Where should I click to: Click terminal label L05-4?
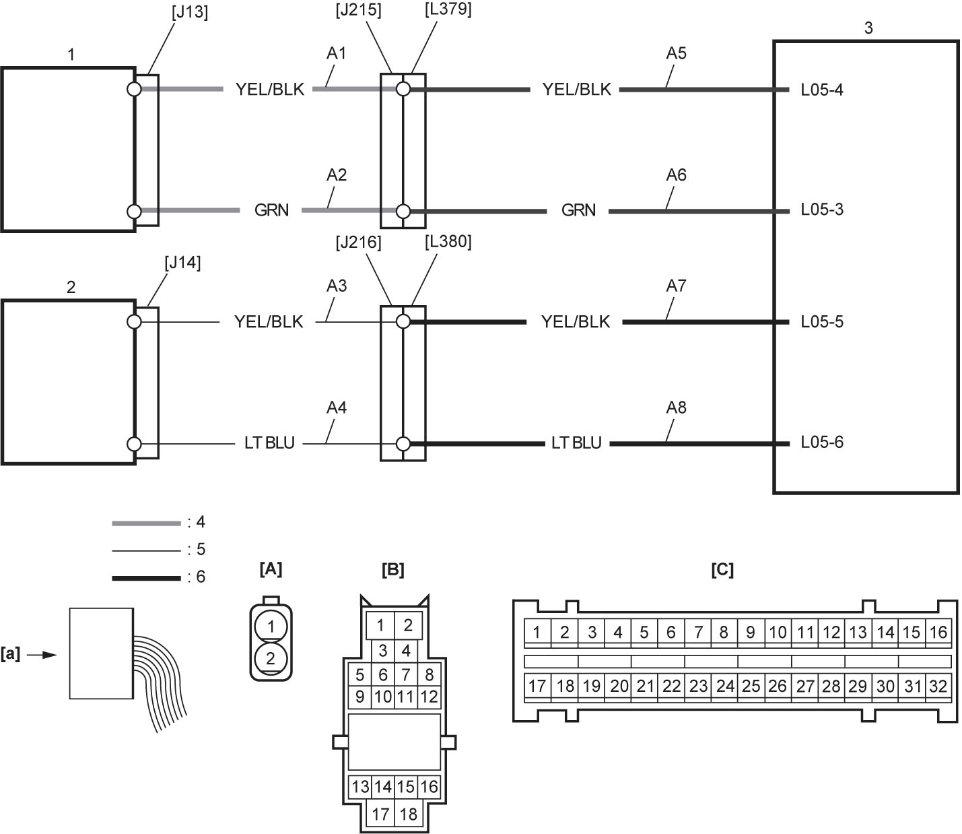822,90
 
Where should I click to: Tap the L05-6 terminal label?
822,442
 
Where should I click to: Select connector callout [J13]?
190,13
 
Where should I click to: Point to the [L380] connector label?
448,241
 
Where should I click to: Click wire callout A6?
677,175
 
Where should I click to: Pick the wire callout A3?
337,286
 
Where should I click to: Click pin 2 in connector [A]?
271,658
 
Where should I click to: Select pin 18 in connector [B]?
408,814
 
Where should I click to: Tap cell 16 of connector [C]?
938,632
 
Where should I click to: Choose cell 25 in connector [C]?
751,686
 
